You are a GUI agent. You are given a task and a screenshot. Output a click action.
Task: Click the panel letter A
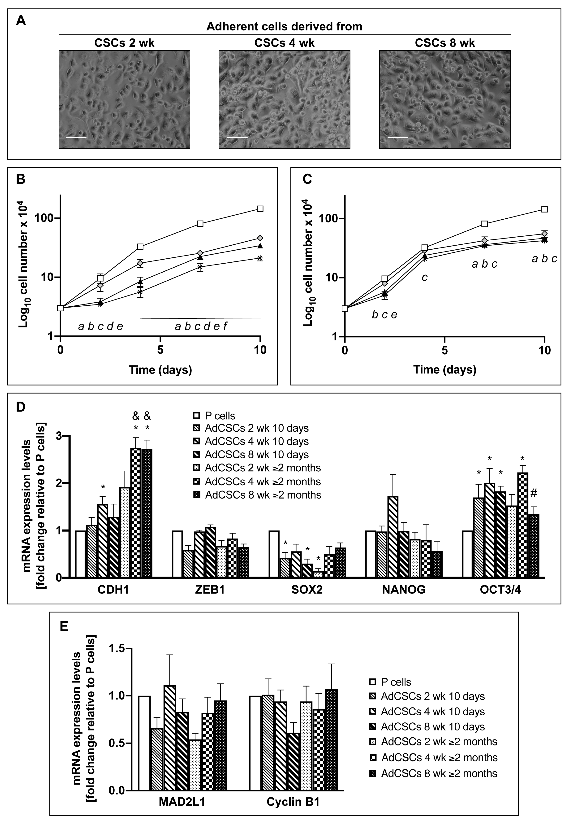click(x=21, y=21)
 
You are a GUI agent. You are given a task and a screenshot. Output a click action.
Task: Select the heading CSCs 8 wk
click(x=445, y=43)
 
